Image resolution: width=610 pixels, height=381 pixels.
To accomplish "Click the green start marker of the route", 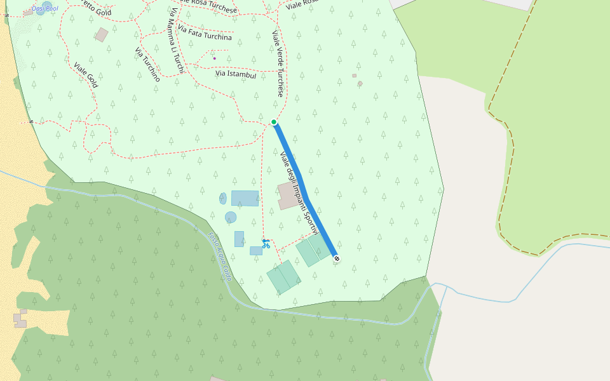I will pyautogui.click(x=274, y=122).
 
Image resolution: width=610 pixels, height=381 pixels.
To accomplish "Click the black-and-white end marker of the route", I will pyautogui.click(x=336, y=258).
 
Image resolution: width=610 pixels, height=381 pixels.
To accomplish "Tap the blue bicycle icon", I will pyautogui.click(x=266, y=243).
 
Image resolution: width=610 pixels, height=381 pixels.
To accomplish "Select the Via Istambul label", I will pyautogui.click(x=236, y=74).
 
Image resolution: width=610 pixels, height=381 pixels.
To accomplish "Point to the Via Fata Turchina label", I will pyautogui.click(x=205, y=34).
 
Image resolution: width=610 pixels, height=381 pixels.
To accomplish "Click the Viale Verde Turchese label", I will pyautogui.click(x=278, y=63).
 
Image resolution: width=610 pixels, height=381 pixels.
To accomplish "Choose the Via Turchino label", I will pyautogui.click(x=147, y=64).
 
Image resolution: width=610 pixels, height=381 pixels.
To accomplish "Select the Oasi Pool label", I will pyautogui.click(x=44, y=8).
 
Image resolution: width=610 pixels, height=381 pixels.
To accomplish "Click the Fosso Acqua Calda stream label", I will pyautogui.click(x=219, y=257).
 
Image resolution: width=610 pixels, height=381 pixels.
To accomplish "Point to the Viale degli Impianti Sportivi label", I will pyautogui.click(x=299, y=194).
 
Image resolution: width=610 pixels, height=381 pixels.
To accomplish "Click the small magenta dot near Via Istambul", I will pyautogui.click(x=214, y=58).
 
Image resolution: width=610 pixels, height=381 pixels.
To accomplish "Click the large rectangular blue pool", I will pyautogui.click(x=245, y=198).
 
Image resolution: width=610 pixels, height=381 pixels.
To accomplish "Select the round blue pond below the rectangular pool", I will pyautogui.click(x=231, y=217).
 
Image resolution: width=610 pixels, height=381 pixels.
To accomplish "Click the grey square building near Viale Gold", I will pyautogui.click(x=102, y=35).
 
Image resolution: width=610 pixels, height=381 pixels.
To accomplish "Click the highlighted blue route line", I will pyautogui.click(x=305, y=190).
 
